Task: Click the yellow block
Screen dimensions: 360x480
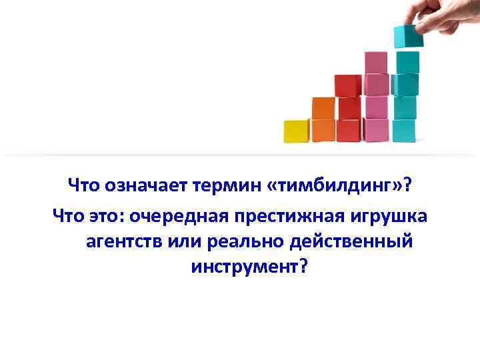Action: [296, 131]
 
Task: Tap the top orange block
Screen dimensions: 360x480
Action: [323, 108]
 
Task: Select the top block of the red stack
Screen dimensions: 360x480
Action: [347, 86]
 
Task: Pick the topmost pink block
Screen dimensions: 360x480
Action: [377, 63]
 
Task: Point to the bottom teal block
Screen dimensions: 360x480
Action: [404, 131]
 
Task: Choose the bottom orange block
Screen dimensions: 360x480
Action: [323, 130]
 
